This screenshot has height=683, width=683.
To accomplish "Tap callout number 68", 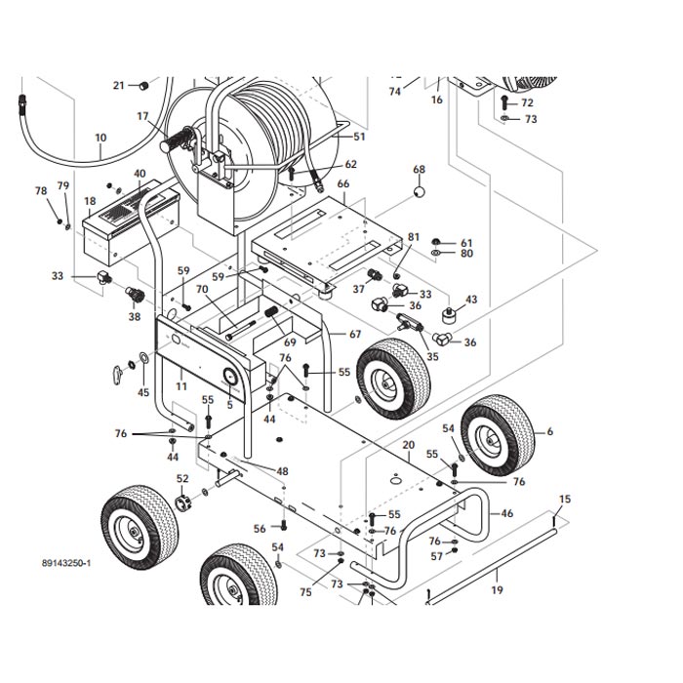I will (x=419, y=170).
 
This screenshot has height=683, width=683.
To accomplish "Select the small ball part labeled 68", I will (x=419, y=192).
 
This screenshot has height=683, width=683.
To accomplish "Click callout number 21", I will (x=119, y=85).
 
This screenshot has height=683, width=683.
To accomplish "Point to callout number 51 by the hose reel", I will (x=360, y=138).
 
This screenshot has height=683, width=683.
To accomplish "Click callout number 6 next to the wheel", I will (x=549, y=431).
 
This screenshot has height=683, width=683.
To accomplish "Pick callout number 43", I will (x=471, y=300).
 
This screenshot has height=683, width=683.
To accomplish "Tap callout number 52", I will (x=182, y=478).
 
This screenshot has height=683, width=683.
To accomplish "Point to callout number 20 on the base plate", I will (x=409, y=445).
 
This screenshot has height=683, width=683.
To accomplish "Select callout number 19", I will (x=497, y=590).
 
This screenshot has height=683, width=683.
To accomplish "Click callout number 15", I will (x=564, y=500).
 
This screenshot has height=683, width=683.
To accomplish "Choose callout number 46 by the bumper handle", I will (x=506, y=513).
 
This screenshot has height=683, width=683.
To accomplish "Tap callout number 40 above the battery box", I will (x=140, y=175).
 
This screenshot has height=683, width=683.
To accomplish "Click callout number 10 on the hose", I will (x=100, y=139).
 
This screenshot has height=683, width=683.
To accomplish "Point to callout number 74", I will (x=395, y=92).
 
